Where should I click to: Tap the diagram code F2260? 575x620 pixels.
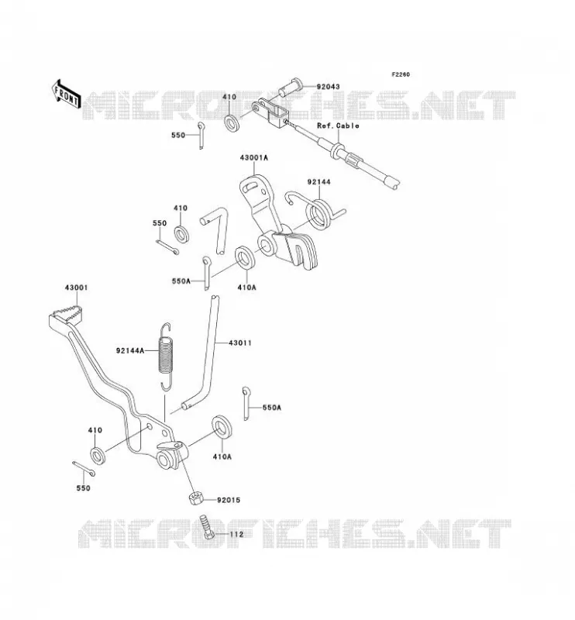point(401,74)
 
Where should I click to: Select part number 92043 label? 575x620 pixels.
point(328,87)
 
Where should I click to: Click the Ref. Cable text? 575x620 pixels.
point(338,126)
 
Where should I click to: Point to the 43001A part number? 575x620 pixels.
point(253,157)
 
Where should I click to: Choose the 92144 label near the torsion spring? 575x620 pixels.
point(318,182)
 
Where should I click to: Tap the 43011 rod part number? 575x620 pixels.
point(240,343)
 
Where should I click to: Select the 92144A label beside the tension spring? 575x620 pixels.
point(130,350)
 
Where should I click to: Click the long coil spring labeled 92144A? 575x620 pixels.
point(166,356)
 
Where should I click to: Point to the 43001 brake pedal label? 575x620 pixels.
point(76,288)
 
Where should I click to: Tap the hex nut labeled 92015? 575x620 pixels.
point(196,498)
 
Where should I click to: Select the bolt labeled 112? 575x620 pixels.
point(206,526)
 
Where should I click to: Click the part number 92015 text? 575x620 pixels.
point(229,500)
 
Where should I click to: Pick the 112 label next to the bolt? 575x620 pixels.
point(236,534)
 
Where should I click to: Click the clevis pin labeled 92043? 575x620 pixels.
point(291,88)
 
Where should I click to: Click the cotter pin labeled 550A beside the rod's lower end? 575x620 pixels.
point(246,403)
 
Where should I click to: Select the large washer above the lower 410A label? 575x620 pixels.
point(222,427)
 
